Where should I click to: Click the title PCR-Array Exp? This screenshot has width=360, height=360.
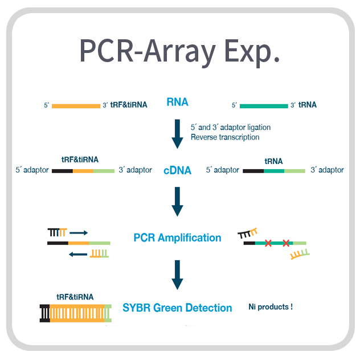(179, 52)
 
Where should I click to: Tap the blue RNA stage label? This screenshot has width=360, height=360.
(177, 102)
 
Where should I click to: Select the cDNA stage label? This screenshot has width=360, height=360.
(177, 170)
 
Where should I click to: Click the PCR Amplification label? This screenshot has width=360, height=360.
(177, 238)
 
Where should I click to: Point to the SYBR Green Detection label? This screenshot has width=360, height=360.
(177, 308)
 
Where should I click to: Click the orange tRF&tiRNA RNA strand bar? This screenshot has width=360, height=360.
(76, 106)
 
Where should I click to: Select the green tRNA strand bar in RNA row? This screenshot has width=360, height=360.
(264, 106)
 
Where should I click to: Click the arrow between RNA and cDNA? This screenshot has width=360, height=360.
(177, 134)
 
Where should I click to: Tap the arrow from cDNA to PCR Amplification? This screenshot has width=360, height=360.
(177, 202)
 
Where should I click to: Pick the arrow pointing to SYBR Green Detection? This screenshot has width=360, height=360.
(177, 275)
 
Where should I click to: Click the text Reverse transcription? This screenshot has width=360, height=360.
(225, 137)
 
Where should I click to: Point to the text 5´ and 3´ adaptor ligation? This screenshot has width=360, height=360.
(231, 127)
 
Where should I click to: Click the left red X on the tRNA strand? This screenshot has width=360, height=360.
(268, 243)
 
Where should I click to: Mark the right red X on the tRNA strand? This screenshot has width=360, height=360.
(286, 243)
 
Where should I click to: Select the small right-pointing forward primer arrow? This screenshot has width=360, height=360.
(79, 233)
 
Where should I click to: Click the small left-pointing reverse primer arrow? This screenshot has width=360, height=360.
(78, 254)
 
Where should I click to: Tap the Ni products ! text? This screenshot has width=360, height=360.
(271, 306)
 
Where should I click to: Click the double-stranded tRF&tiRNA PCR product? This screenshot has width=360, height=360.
(76, 313)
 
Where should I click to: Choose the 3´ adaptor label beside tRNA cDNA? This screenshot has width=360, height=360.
(327, 170)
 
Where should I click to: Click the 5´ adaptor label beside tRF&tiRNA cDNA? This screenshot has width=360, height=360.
(32, 170)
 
